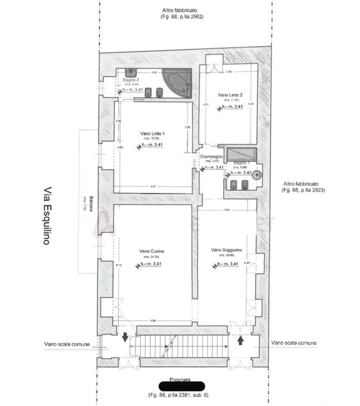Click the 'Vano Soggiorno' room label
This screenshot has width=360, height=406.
click(x=226, y=250)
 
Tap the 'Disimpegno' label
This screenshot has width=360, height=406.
click(x=211, y=157)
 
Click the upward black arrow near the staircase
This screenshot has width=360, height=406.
click(x=240, y=340)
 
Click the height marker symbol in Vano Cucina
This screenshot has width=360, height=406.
click(x=137, y=265)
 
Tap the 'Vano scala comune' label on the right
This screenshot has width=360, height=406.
click(x=293, y=343)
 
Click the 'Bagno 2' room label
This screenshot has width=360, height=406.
click(x=130, y=80)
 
